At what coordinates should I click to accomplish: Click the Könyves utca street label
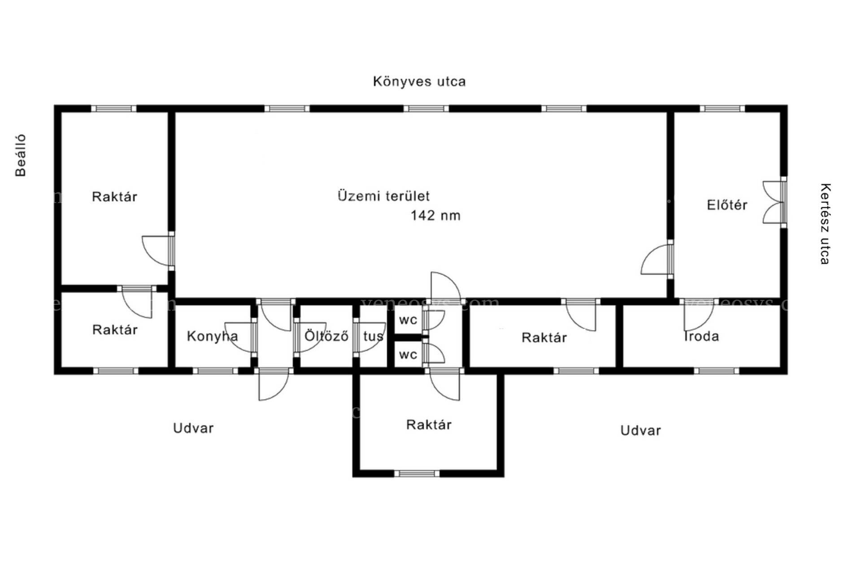419,82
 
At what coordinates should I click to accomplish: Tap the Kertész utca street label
825,224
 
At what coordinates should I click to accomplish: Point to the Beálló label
21,156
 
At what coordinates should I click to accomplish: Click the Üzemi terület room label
383,196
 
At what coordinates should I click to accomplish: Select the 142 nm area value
435,216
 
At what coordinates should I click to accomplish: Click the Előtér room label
727,205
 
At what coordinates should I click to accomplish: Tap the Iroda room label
702,336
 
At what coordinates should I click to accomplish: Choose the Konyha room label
213,336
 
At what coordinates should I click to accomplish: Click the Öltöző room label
326,336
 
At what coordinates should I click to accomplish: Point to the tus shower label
373,336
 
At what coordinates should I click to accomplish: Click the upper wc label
408,320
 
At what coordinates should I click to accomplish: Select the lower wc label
408,355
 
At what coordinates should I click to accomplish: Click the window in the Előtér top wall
722,108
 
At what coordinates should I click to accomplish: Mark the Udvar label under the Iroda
640,431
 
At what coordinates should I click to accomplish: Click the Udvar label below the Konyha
193,428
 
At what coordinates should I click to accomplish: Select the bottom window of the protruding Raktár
417,473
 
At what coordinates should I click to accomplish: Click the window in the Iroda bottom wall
717,371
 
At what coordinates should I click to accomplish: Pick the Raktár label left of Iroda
544,338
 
